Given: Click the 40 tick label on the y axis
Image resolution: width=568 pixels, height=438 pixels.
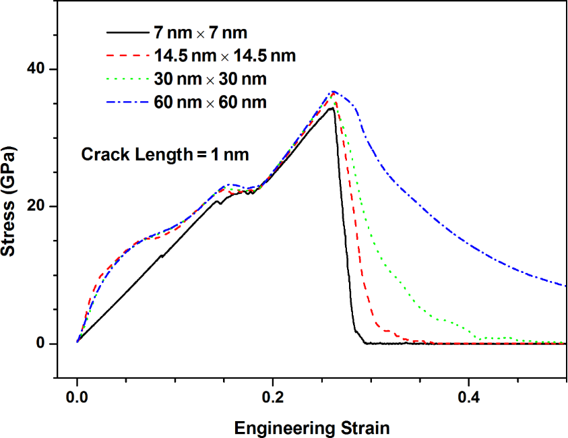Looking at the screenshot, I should (38, 69).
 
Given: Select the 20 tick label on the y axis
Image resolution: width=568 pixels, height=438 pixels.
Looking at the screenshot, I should (38, 206).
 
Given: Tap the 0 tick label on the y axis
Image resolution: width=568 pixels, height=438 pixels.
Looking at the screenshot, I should (42, 344).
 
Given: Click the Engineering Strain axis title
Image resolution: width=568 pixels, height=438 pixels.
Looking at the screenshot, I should (311, 427).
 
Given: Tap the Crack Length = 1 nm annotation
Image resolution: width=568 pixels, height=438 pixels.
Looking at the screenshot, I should (165, 154).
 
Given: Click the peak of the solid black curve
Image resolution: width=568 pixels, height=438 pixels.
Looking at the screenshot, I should (332, 108).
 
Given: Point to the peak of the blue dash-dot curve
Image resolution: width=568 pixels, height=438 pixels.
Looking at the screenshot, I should (333, 92).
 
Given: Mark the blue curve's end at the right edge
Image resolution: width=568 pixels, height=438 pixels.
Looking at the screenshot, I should (565, 286).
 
